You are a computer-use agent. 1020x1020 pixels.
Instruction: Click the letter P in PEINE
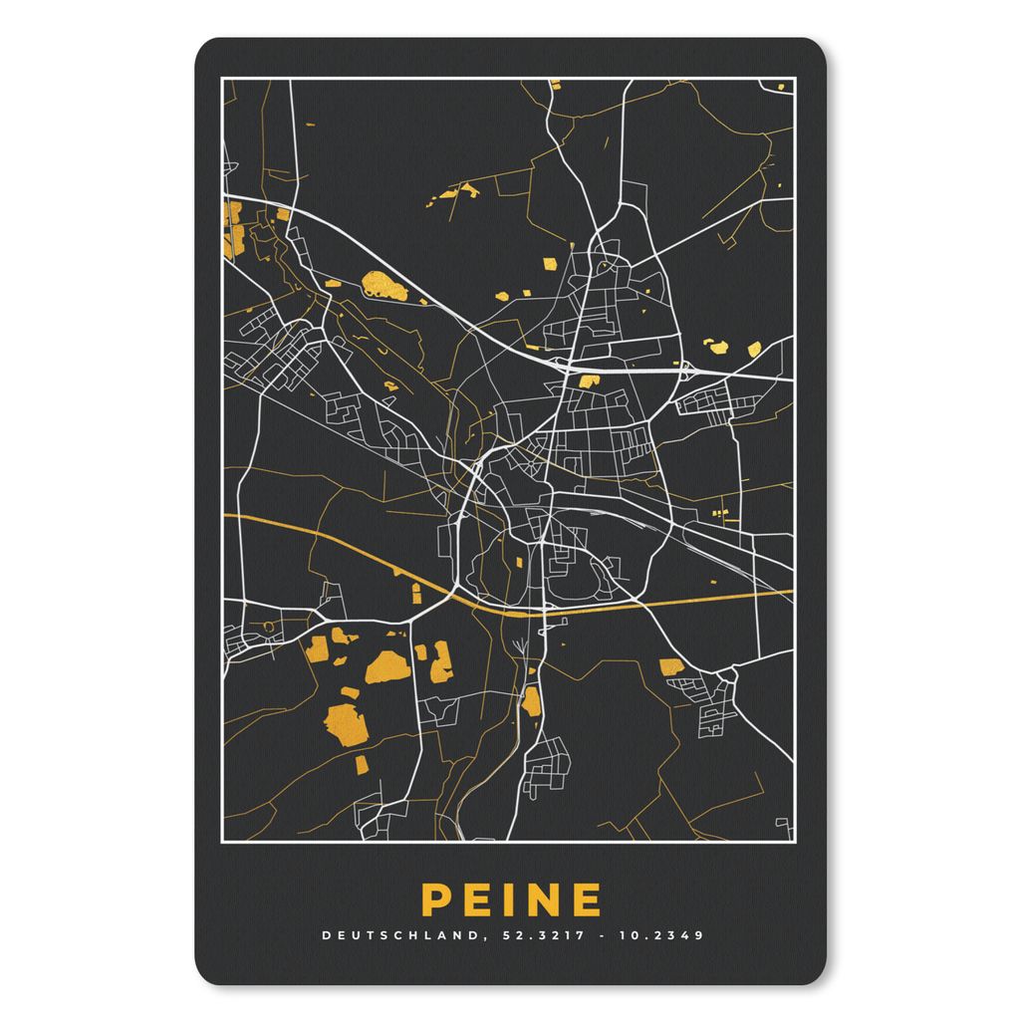(x=434, y=899)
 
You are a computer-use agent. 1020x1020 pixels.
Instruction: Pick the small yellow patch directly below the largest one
(x=361, y=764)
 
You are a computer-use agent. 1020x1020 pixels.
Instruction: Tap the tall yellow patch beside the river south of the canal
(x=532, y=701)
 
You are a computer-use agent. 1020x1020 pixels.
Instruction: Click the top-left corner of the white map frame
(x=221, y=78)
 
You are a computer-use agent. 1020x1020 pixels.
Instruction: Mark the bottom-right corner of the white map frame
(x=795, y=839)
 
